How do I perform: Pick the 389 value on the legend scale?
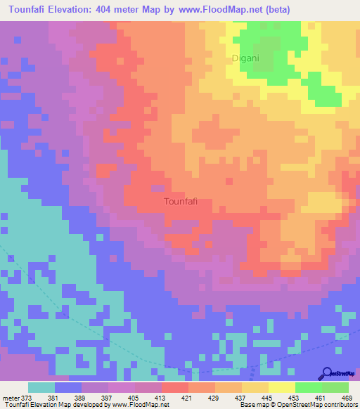83,397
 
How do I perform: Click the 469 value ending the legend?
346,397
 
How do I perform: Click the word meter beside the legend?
12,397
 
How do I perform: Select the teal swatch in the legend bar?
41,387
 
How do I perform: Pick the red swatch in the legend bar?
175,387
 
